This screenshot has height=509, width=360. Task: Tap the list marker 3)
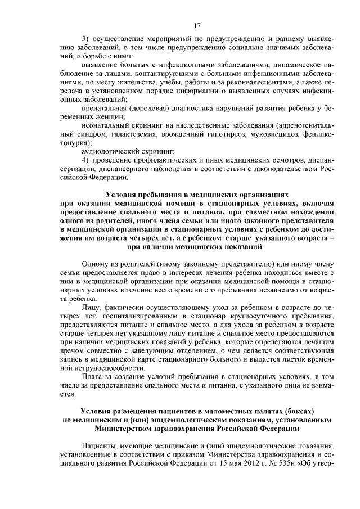85,39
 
